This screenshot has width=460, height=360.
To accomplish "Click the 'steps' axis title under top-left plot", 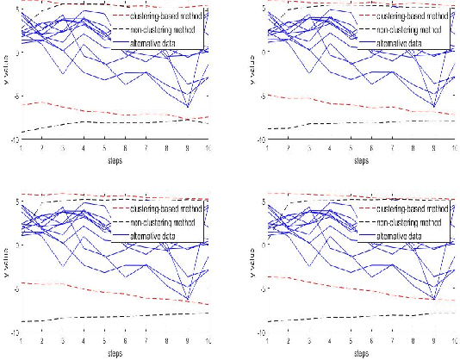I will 115,159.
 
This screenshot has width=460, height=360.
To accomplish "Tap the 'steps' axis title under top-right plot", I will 363,159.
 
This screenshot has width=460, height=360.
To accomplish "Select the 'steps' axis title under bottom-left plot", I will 115,352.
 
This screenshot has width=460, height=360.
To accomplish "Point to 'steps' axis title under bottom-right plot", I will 363,352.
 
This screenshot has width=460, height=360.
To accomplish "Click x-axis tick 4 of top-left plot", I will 84,147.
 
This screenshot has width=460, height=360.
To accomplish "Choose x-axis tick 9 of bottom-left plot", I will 188,340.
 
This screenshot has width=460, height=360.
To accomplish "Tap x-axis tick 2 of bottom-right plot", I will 290,340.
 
